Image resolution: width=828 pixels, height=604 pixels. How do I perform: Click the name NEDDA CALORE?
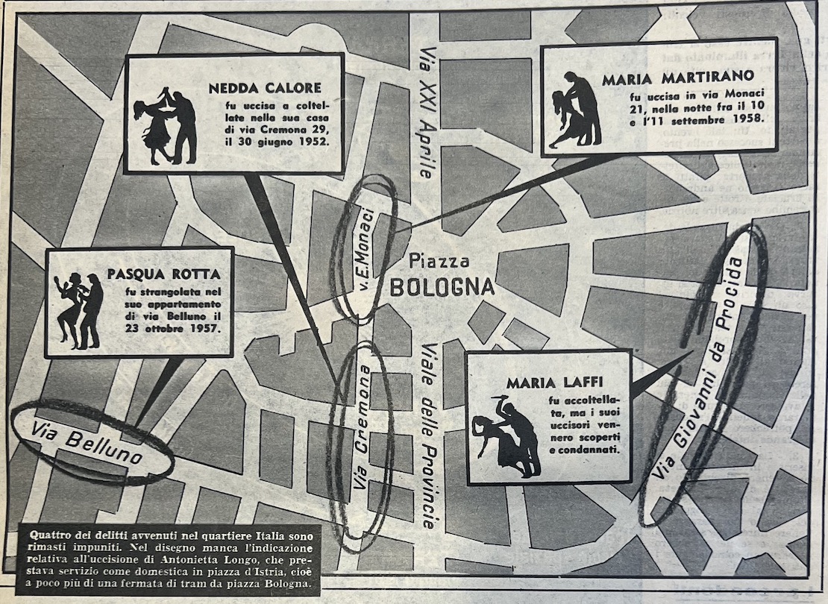pyautogui.click(x=265, y=88)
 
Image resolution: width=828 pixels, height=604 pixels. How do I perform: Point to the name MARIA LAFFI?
pyautogui.click(x=544, y=383)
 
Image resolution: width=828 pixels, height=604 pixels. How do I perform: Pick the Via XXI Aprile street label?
pyautogui.click(x=426, y=113)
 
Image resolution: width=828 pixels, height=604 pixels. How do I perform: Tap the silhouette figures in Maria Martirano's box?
pyautogui.click(x=577, y=110)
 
